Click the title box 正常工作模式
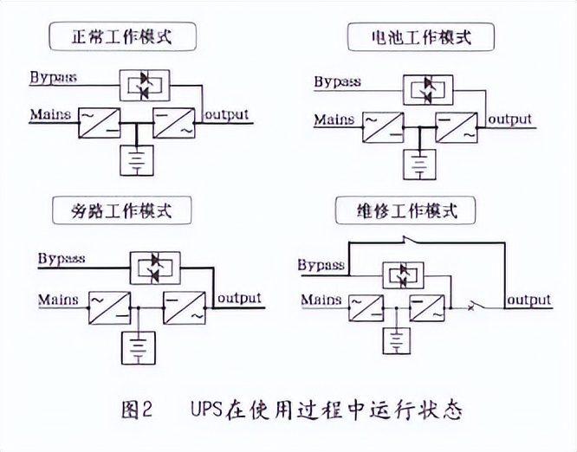122,36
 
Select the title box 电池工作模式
420,37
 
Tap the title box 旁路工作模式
122,210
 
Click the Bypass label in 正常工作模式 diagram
53,77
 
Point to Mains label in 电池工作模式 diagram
334,119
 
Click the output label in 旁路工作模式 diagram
239,298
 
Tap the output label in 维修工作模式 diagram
528,300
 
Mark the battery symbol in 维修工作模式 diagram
395,340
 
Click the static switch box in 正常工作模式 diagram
146,84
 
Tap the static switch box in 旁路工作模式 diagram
154,266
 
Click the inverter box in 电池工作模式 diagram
457,127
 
